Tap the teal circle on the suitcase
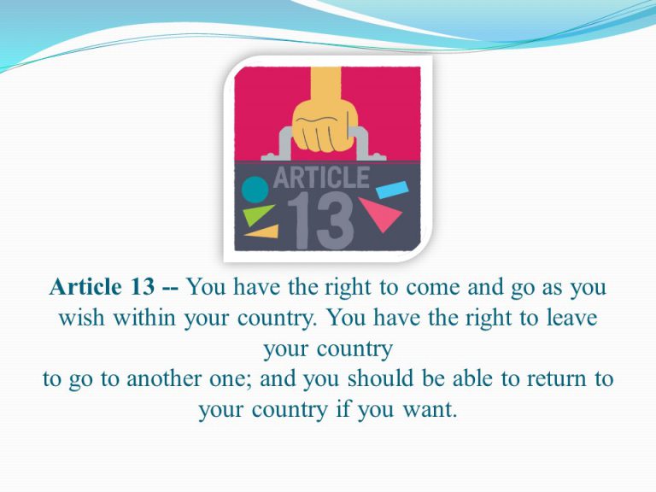coord(255,190)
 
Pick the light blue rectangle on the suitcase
coord(392,190)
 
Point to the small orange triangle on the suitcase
coord(264,231)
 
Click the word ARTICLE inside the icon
coord(321,178)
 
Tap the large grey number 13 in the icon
coord(320,221)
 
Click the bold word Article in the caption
coord(85,287)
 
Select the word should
coord(381,378)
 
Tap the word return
coord(556,379)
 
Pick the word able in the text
coord(472,378)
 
